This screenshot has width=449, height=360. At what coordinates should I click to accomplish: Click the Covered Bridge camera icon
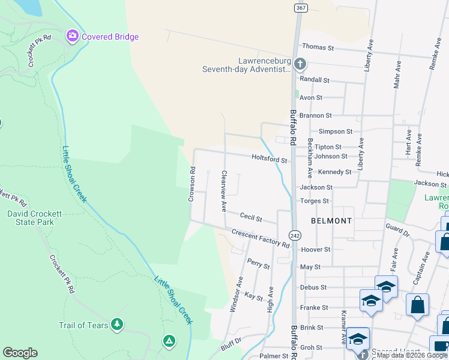(x=73, y=37)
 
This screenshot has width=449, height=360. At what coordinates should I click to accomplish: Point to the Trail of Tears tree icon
(x=117, y=325)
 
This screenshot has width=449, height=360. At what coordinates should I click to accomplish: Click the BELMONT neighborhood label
(x=331, y=221)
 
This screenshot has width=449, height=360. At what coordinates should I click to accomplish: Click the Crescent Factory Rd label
(x=260, y=238)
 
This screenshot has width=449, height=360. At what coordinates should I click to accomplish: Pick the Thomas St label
(x=318, y=46)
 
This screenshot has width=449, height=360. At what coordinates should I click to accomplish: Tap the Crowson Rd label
(x=193, y=184)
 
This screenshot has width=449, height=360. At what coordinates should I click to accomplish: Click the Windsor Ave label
(x=236, y=294)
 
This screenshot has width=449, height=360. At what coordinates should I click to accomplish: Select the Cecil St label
(x=251, y=217)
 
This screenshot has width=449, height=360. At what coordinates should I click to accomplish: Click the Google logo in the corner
(x=20, y=353)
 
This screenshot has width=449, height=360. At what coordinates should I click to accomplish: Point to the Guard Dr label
(x=397, y=230)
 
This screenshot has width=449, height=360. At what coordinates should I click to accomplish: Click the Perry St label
(x=259, y=265)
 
